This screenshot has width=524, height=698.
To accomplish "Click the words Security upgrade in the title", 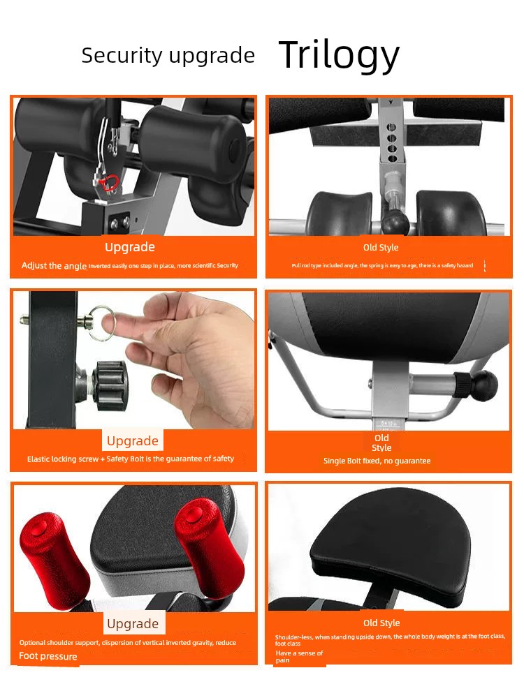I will (x=168, y=55).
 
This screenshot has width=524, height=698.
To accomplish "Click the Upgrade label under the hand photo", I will (x=133, y=440).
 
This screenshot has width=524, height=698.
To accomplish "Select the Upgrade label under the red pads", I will (x=133, y=623).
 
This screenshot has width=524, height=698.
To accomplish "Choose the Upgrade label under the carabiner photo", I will (x=130, y=246).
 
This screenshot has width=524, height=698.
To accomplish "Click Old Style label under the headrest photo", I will (x=381, y=623).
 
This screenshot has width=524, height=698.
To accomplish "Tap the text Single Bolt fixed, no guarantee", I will (x=377, y=461).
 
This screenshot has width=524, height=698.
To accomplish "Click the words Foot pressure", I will (x=48, y=656).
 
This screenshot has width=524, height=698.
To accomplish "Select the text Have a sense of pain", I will (x=299, y=656).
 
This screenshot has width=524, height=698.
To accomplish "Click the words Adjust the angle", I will (x=54, y=266).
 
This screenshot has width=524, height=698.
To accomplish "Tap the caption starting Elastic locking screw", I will (x=131, y=459).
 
